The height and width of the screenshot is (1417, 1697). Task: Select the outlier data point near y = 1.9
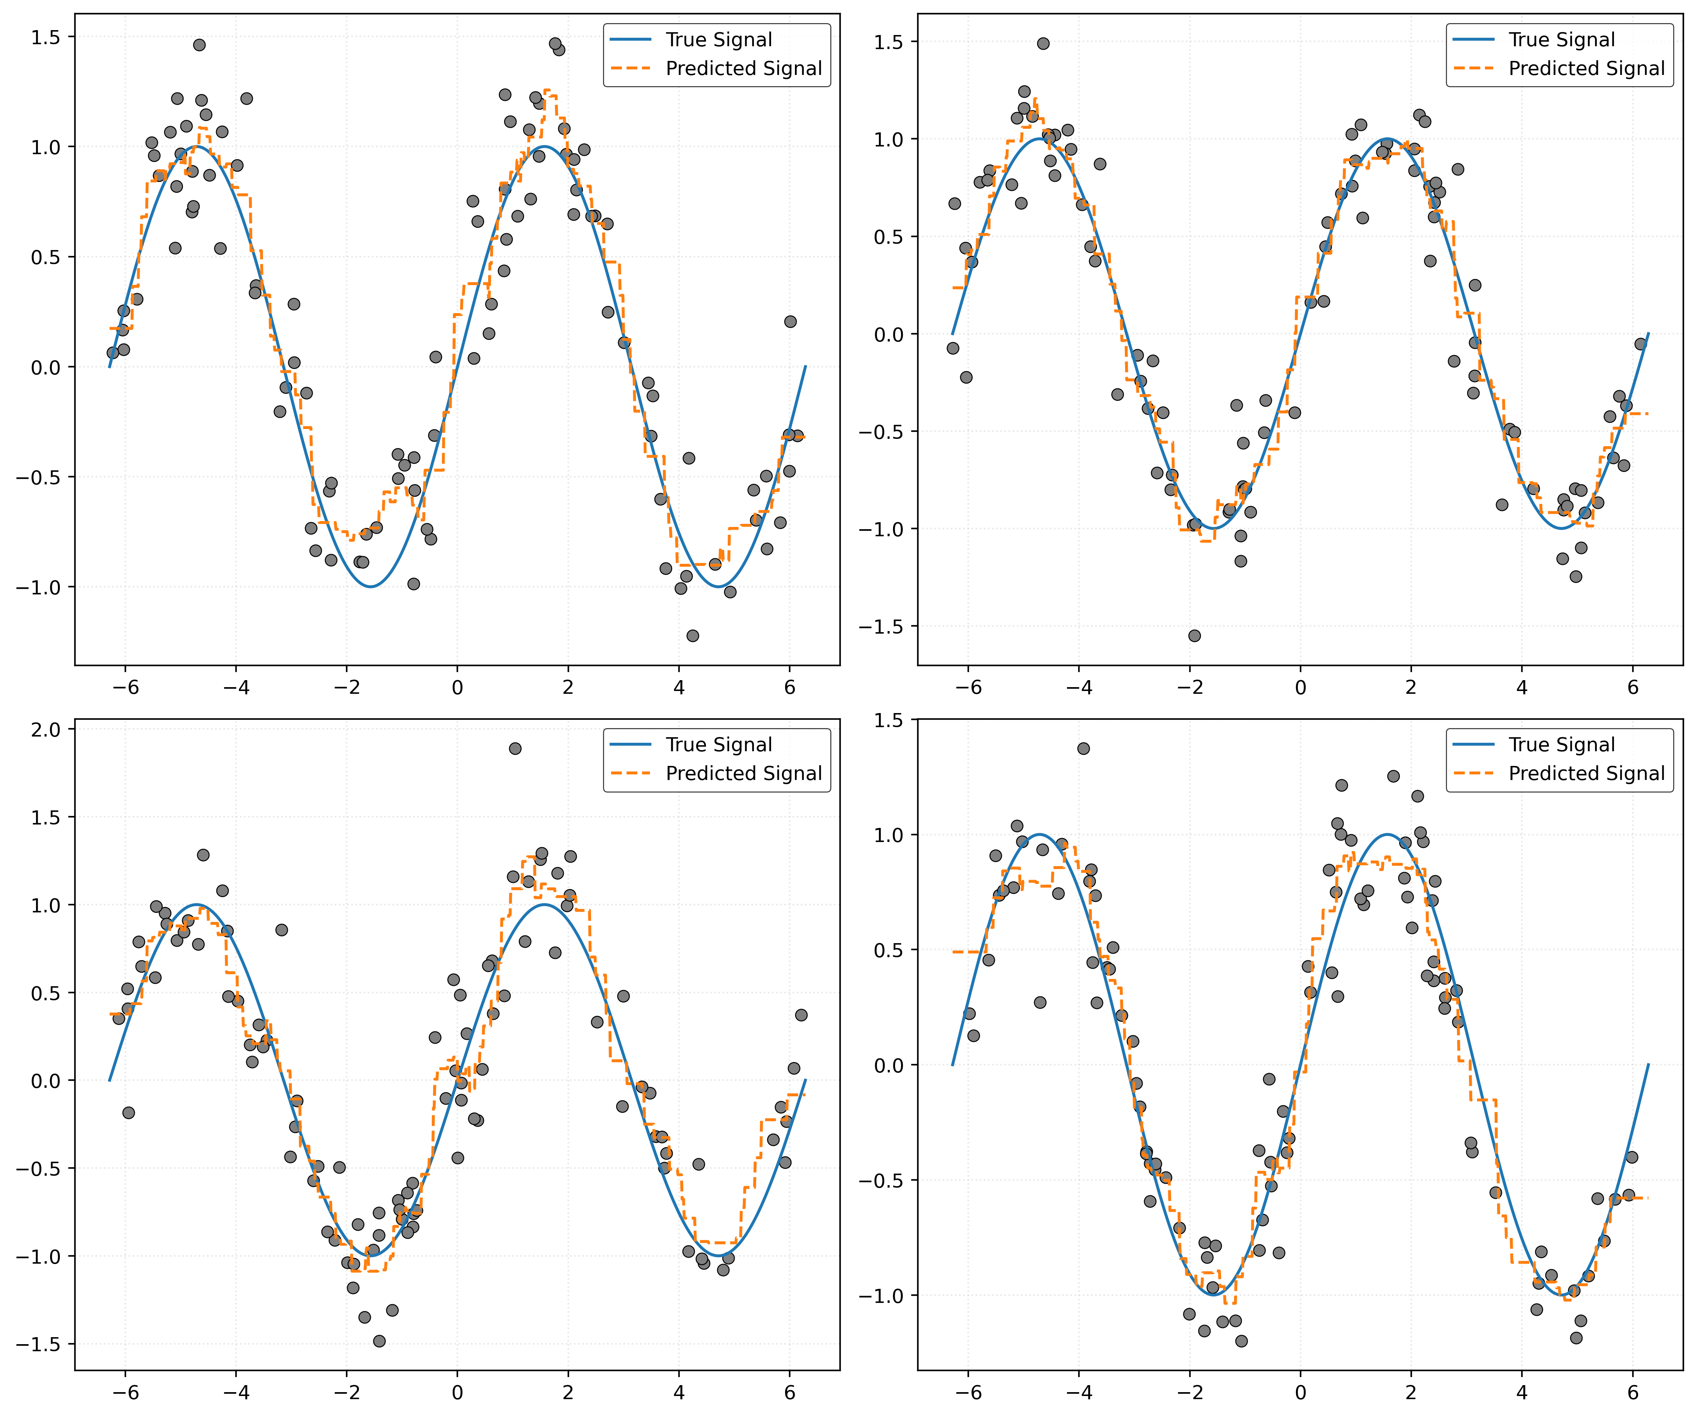[515, 748]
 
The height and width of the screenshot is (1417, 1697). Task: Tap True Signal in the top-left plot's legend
[718, 40]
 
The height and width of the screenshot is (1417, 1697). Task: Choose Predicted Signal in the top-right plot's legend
[1586, 69]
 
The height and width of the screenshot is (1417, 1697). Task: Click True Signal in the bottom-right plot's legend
[1561, 745]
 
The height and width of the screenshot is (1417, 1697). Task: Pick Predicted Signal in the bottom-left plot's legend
[743, 774]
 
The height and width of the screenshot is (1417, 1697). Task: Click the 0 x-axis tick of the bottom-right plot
[1300, 1393]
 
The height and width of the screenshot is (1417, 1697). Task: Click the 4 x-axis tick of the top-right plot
[1522, 688]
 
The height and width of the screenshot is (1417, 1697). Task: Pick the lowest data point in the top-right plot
[1194, 635]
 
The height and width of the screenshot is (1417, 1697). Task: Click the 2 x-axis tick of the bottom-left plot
[568, 1393]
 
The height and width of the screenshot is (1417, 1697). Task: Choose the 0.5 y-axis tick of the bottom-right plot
[889, 950]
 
